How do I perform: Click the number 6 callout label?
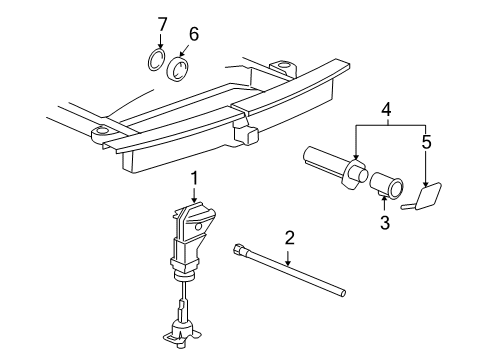point(194,34)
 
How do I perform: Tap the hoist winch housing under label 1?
point(192,240)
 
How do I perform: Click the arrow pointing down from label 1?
point(193,194)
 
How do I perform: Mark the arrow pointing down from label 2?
point(288,256)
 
